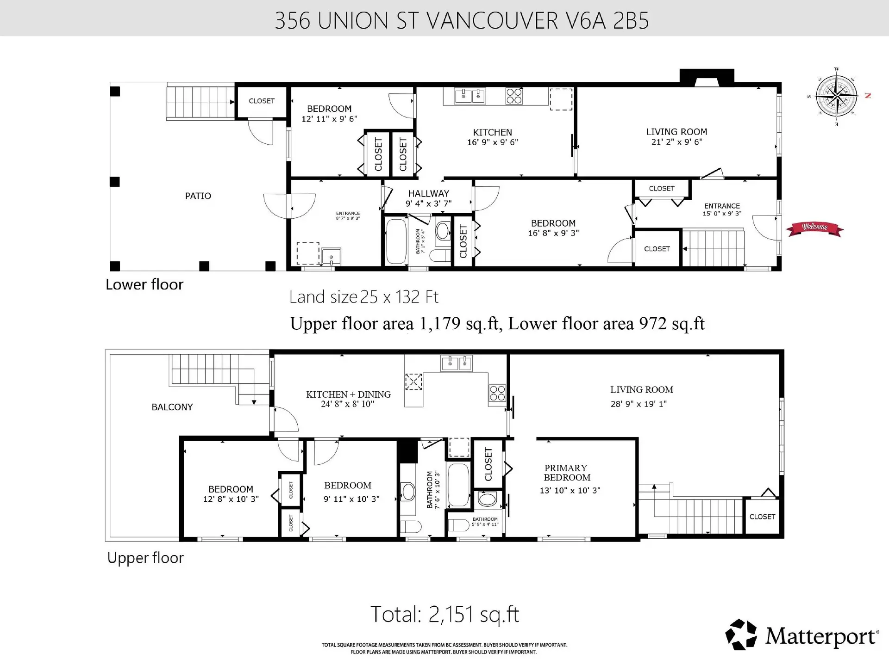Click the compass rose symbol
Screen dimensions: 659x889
tap(836, 97)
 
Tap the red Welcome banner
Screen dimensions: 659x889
tap(814, 228)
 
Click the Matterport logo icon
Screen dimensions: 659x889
tap(741, 634)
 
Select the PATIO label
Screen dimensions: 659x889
tap(198, 196)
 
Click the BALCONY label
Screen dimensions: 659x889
tap(172, 407)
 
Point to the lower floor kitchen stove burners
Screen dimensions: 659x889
tap(514, 96)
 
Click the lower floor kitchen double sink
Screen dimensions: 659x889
tap(470, 96)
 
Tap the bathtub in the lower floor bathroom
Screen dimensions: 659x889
tap(396, 241)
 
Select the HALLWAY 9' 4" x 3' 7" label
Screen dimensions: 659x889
tap(428, 198)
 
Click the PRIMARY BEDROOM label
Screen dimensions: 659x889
tap(566, 473)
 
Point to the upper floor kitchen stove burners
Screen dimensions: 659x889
tap(497, 393)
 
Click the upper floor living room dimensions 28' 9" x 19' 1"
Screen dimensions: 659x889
tap(639, 404)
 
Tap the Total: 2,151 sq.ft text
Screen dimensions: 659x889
tap(444, 614)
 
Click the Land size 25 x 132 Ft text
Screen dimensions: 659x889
tap(363, 297)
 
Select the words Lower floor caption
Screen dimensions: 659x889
tap(144, 284)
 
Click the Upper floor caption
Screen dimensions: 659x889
tap(145, 558)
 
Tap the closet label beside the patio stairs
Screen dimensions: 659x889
tap(262, 101)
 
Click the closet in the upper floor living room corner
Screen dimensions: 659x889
tap(762, 517)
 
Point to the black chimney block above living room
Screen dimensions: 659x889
tap(707, 77)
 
